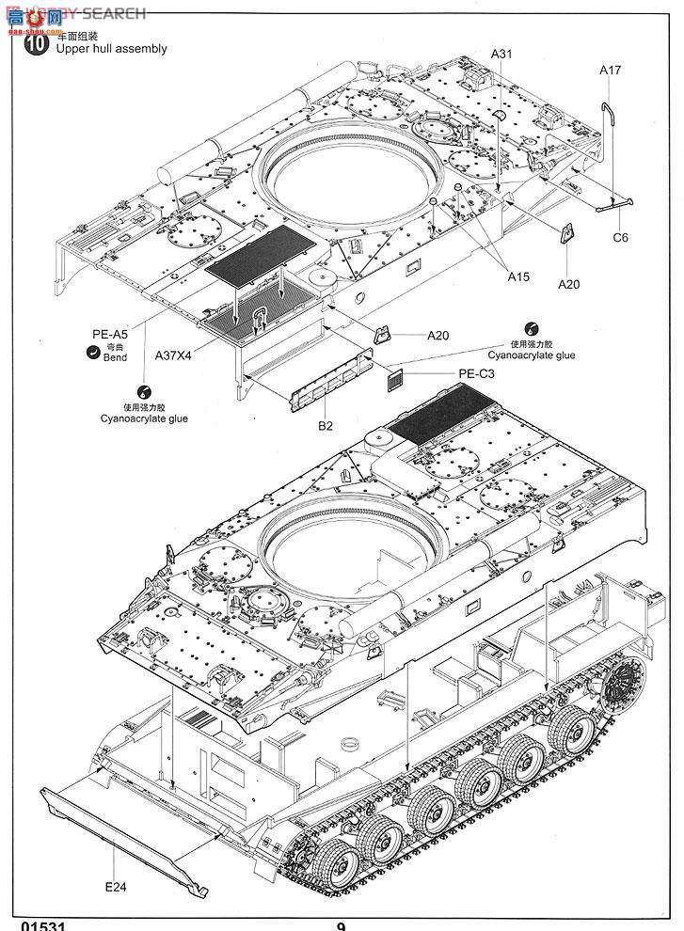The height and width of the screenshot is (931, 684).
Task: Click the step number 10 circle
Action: click(x=36, y=43)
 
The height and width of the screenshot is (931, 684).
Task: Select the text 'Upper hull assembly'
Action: click(x=112, y=49)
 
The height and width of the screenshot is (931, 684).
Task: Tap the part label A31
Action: click(x=501, y=54)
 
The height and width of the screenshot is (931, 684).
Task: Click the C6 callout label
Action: click(x=620, y=237)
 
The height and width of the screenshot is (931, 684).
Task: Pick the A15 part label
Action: click(x=518, y=276)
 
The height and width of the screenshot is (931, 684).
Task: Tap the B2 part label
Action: click(x=326, y=426)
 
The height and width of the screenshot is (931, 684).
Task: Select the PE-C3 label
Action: click(x=476, y=373)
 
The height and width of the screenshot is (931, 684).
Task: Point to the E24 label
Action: click(x=116, y=887)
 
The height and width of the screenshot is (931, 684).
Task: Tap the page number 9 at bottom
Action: click(x=341, y=925)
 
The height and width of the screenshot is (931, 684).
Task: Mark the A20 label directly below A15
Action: click(x=569, y=283)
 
